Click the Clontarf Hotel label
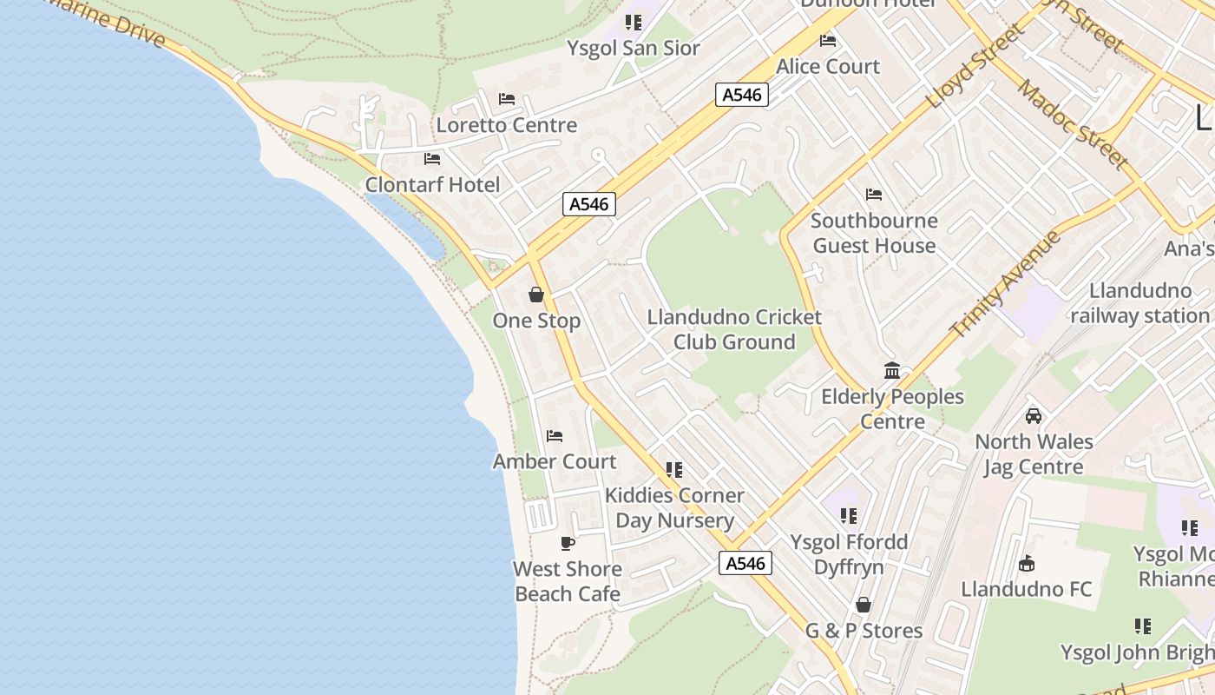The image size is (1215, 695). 432,185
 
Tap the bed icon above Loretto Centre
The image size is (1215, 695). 507,99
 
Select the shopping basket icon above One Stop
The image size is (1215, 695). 536,295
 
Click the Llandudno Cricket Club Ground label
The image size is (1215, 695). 734,329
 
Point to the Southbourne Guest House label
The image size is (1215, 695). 874,233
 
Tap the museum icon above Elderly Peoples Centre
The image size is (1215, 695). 892,371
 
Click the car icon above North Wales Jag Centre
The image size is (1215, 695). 1033,416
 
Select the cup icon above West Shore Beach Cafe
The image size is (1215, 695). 568,544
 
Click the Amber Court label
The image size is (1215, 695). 555,461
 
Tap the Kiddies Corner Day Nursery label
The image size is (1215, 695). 674,508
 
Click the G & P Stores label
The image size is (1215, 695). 864,631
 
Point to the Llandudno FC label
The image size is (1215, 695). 1026,589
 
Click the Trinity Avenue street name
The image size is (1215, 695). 1006,284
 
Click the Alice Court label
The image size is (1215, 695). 828,67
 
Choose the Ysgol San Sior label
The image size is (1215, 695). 634,49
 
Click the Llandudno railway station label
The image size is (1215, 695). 1139,303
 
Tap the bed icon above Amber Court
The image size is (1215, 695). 555,435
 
